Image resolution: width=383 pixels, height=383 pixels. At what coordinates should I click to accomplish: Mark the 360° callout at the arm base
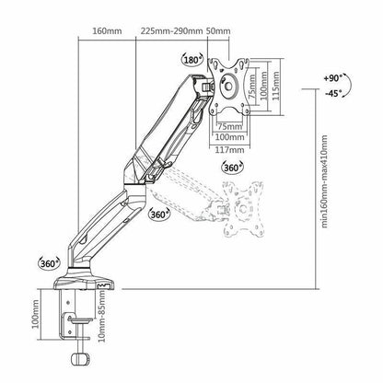(51, 262)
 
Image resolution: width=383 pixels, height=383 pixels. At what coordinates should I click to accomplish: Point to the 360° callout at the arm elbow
(158, 215)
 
